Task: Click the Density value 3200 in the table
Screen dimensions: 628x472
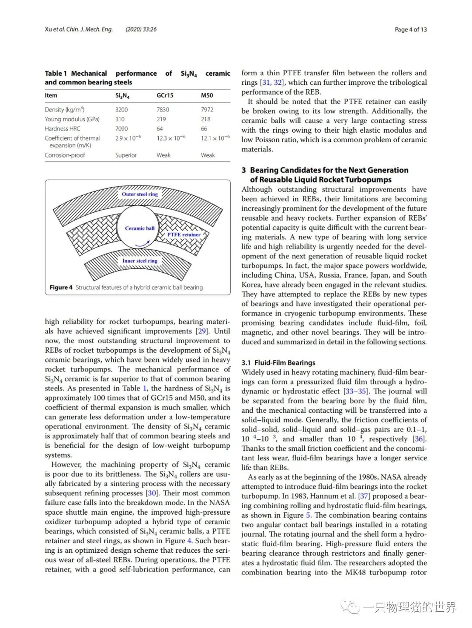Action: (121, 109)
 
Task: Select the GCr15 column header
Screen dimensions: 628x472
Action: (165, 95)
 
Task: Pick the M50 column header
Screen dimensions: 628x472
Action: (207, 95)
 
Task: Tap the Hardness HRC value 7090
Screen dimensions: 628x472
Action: (121, 129)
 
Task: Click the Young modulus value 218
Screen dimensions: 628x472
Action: (205, 119)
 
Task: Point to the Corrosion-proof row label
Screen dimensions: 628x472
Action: (65, 155)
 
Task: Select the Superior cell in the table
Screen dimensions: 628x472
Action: (126, 155)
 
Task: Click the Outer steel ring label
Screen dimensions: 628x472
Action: (140, 194)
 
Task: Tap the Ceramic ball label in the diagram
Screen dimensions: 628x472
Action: (140, 228)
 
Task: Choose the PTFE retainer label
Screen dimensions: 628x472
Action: (184, 235)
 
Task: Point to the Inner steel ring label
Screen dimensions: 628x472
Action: (140, 261)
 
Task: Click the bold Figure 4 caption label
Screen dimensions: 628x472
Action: (61, 288)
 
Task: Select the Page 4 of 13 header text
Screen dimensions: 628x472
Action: (410, 29)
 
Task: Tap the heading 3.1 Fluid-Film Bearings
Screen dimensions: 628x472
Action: (278, 363)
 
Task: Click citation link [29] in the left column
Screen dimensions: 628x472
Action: (202, 331)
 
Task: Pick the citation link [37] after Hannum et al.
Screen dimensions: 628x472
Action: (364, 496)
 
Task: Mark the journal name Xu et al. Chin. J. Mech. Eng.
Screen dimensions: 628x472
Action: (79, 29)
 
